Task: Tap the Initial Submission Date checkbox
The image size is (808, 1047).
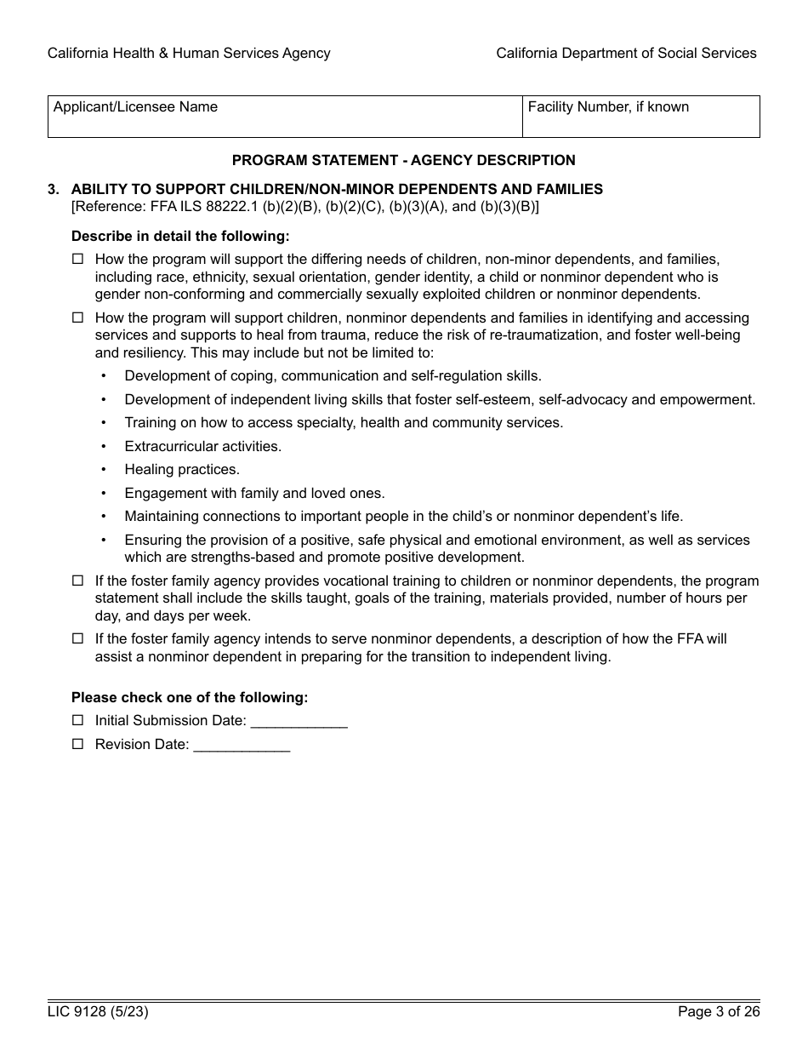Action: point(78,720)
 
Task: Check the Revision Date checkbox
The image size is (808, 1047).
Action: point(78,744)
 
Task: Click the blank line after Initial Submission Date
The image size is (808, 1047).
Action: point(299,721)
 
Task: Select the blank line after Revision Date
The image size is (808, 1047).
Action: point(242,745)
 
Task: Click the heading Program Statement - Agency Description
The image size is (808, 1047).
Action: point(403,160)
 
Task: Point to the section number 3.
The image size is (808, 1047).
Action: point(54,189)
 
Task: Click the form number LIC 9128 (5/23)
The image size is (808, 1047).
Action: point(92,1012)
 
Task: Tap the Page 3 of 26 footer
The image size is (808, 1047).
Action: point(718,1012)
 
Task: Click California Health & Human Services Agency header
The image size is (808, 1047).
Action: point(189,53)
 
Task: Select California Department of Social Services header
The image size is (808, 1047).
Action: point(626,53)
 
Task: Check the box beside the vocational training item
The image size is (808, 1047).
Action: point(78,581)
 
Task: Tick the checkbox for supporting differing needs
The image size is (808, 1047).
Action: point(78,259)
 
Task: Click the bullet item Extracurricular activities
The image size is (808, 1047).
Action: point(202,446)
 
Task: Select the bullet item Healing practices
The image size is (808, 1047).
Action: point(182,469)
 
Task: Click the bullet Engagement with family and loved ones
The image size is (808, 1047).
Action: point(254,493)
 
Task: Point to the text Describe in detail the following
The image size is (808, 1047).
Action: point(180,236)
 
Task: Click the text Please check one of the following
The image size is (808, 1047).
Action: point(190,697)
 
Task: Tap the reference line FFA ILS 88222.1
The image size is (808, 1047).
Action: point(304,206)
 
